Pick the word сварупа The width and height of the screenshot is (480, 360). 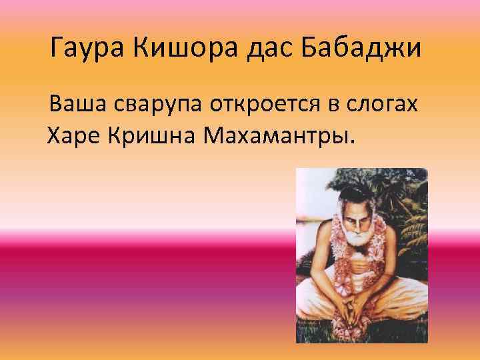coord(153,106)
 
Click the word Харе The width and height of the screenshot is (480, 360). coord(75,136)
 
